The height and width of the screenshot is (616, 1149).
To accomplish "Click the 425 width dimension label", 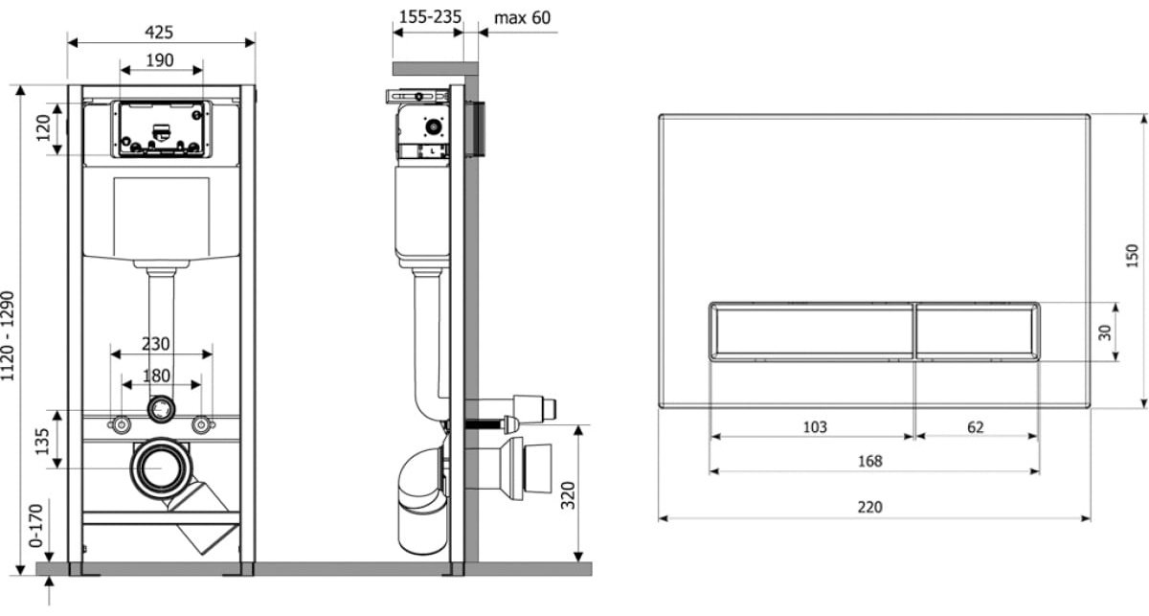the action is pyautogui.click(x=159, y=33).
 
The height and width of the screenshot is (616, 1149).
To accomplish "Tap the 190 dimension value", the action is pyautogui.click(x=160, y=60).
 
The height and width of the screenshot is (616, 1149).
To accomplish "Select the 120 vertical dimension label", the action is pyautogui.click(x=44, y=127).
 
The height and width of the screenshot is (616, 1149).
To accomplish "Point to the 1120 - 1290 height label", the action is pyautogui.click(x=8, y=336).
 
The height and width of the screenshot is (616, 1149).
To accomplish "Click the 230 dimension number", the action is pyautogui.click(x=155, y=343).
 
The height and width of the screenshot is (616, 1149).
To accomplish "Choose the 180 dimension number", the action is pyautogui.click(x=156, y=376).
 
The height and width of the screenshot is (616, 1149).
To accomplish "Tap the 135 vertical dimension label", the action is pyautogui.click(x=42, y=442).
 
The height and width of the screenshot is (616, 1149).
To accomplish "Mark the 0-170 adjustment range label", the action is pyautogui.click(x=36, y=526).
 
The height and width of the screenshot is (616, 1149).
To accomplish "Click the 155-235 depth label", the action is pyautogui.click(x=430, y=17).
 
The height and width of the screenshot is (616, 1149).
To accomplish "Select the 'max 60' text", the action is pyautogui.click(x=522, y=18).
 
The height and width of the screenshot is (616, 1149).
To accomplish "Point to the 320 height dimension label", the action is pyautogui.click(x=568, y=495).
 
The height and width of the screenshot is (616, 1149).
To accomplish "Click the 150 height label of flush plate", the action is pyautogui.click(x=1132, y=256).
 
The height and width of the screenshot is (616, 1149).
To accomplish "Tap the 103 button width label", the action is pyautogui.click(x=815, y=427).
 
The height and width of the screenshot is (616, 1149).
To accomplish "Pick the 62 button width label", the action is pyautogui.click(x=976, y=427).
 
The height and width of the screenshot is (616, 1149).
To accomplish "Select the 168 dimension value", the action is pyautogui.click(x=870, y=461).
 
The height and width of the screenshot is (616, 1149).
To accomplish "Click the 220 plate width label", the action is pyautogui.click(x=870, y=507).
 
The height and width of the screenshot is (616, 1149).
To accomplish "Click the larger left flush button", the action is pyautogui.click(x=812, y=331).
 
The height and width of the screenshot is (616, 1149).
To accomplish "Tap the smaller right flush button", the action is pyautogui.click(x=977, y=331).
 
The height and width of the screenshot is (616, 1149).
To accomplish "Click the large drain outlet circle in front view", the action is pyautogui.click(x=161, y=468).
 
